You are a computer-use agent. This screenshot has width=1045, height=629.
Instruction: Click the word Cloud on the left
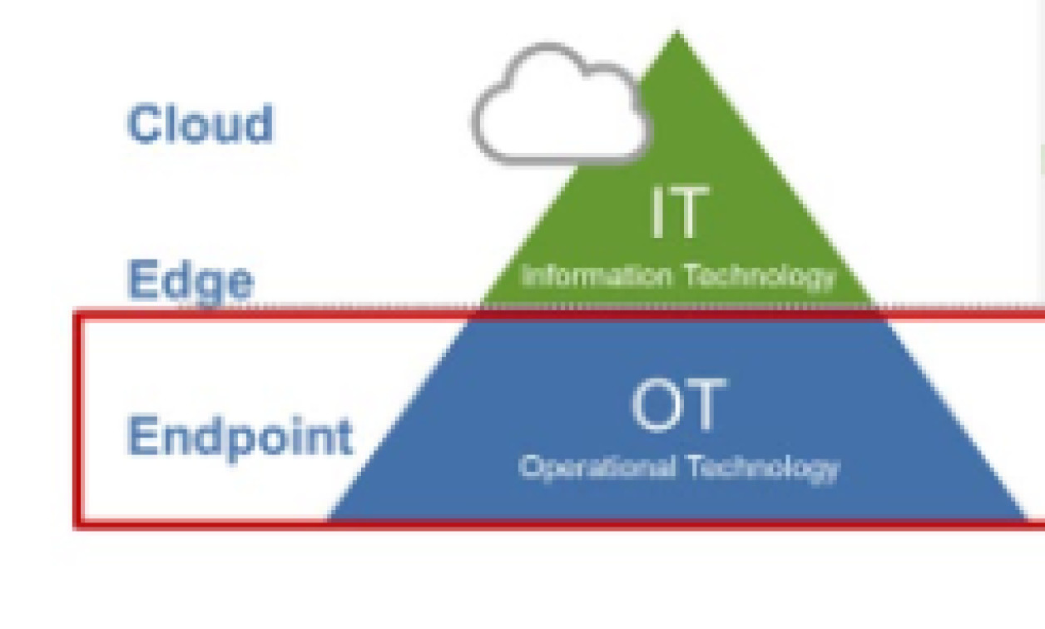pyautogui.click(x=200, y=124)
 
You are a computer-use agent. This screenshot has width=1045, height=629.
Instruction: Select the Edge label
pyautogui.click(x=190, y=280)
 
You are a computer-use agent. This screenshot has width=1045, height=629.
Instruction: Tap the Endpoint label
pyautogui.click(x=240, y=435)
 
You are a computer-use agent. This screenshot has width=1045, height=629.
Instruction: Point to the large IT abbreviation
pyautogui.click(x=679, y=213)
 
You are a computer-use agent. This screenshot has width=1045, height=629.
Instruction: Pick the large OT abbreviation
pyautogui.click(x=678, y=406)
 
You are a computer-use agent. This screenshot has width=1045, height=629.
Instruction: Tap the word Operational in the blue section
pyautogui.click(x=597, y=467)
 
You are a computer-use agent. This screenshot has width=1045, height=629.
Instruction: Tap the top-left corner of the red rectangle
pyautogui.click(x=77, y=314)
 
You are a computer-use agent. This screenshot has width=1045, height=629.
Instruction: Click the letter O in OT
pyautogui.click(x=656, y=406)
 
